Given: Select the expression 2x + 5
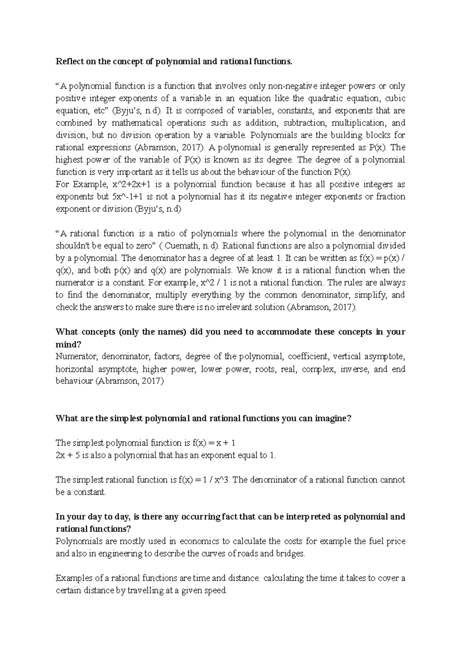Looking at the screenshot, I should pyautogui.click(x=68, y=455).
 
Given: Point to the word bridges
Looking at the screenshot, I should pyautogui.click(x=292, y=554).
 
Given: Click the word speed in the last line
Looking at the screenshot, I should pyautogui.click(x=216, y=591).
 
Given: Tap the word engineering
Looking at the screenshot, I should pyautogui.click(x=125, y=554).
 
